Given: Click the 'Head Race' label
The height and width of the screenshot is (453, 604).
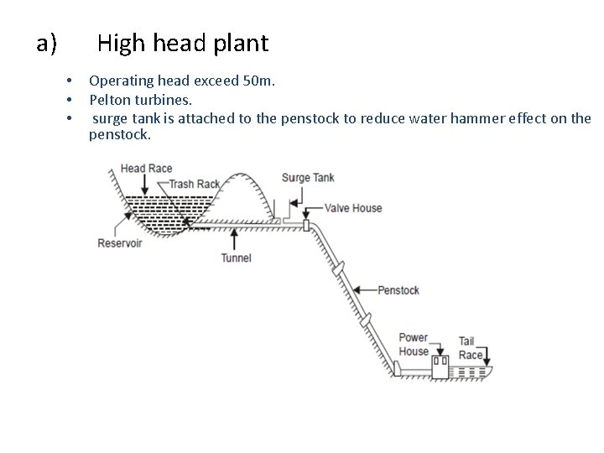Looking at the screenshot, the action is [x=146, y=169].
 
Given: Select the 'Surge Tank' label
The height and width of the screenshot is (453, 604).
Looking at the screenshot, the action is [x=308, y=178].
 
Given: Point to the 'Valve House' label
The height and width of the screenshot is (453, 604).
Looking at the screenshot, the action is [x=353, y=208].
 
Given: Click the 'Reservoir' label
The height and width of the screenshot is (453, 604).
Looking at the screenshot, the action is [x=120, y=243].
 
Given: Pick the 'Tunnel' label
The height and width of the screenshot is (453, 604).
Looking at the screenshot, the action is [x=236, y=258].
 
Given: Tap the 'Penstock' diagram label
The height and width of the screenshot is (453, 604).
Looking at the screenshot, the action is [x=398, y=290].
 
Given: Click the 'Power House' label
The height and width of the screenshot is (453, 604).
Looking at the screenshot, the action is [x=414, y=345].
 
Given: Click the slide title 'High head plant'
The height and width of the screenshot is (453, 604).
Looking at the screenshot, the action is [x=182, y=42].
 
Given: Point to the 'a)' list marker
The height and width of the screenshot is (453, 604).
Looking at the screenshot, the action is [x=46, y=42].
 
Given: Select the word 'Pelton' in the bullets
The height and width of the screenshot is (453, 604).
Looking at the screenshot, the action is [x=112, y=100].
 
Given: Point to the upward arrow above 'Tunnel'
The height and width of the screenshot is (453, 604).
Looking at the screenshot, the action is [x=221, y=238].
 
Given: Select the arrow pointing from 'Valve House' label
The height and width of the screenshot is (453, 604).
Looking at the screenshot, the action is [x=312, y=208].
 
